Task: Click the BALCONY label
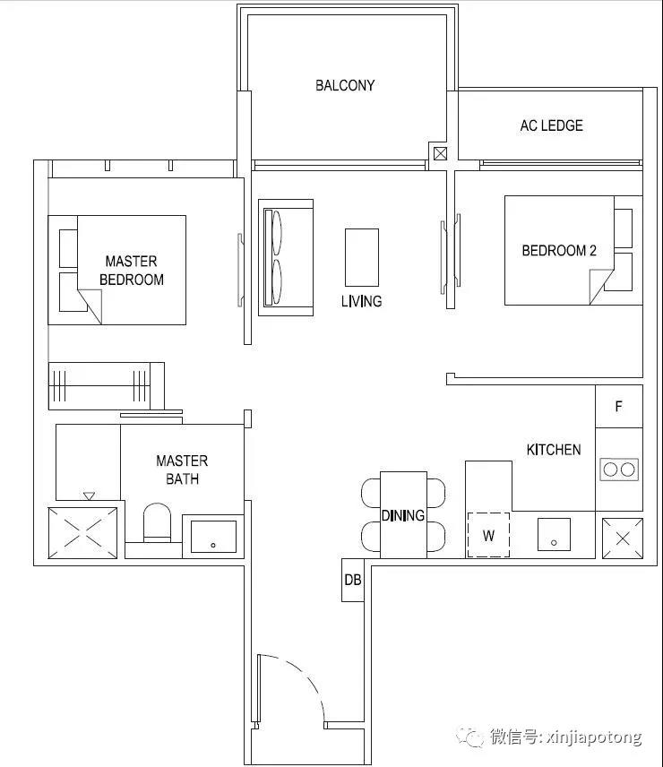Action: click(345, 86)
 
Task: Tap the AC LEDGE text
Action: click(552, 125)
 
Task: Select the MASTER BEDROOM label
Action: click(132, 271)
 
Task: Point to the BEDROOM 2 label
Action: click(559, 251)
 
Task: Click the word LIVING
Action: click(362, 301)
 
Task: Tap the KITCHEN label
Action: click(554, 450)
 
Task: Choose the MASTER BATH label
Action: click(182, 470)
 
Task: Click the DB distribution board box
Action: click(352, 580)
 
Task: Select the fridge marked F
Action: click(619, 406)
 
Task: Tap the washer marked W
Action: click(488, 535)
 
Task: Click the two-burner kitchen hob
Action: click(619, 470)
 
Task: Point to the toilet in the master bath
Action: click(157, 522)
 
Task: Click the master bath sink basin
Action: click(213, 537)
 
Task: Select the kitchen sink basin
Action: click(554, 535)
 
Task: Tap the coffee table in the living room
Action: click(362, 257)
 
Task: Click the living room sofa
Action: click(286, 257)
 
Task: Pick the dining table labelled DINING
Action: click(403, 514)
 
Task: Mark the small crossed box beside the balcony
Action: click(440, 153)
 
